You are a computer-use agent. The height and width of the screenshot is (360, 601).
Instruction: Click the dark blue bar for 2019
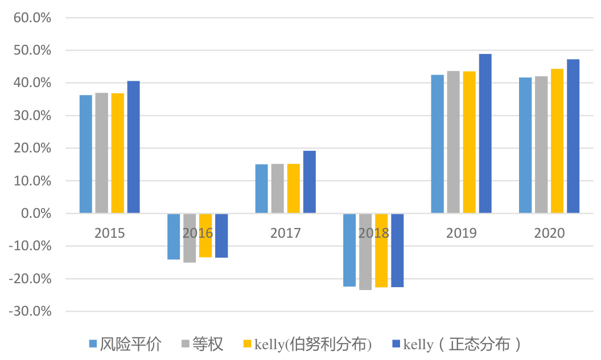tap(485, 134)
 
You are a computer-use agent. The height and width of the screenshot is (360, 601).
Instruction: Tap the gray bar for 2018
tap(365, 252)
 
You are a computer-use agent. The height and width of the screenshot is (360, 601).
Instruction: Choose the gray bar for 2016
tap(190, 238)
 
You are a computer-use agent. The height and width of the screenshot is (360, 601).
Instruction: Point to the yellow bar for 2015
tap(118, 153)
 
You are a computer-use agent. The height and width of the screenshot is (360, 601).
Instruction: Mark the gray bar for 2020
tap(541, 145)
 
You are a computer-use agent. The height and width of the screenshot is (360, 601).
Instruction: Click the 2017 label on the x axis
tap(286, 233)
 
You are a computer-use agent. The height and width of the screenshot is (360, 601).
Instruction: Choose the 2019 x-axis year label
tap(462, 233)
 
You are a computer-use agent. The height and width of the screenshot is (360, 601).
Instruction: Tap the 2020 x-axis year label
tap(549, 233)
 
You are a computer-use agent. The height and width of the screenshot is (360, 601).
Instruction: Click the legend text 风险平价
tap(131, 344)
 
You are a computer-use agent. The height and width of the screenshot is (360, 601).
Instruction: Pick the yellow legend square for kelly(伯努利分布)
tap(248, 344)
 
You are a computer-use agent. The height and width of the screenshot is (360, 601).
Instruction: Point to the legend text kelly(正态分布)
tap(462, 344)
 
